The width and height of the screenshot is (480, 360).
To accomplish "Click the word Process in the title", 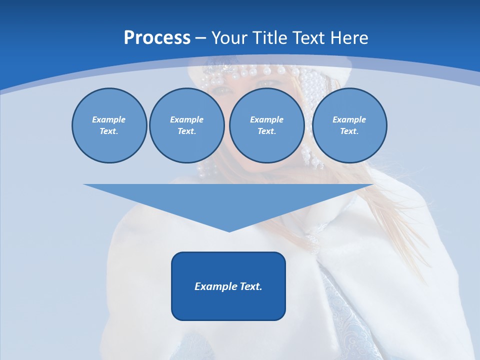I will pyautogui.click(x=157, y=38).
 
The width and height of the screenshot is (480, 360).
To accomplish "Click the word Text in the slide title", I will pyautogui.click(x=307, y=38).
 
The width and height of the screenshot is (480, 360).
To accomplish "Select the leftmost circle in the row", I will pyautogui.click(x=109, y=145).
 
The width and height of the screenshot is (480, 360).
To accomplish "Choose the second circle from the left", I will pyautogui.click(x=187, y=147).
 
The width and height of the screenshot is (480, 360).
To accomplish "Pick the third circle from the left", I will pyautogui.click(x=267, y=147).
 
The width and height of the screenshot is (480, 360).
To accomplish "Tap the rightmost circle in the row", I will pyautogui.click(x=349, y=147).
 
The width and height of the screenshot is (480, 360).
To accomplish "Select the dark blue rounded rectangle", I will pyautogui.click(x=228, y=305).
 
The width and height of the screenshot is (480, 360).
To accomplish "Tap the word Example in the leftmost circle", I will pyautogui.click(x=109, y=119).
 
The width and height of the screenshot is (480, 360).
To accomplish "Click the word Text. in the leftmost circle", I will pyautogui.click(x=109, y=131).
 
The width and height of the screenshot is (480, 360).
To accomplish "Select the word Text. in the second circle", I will pyautogui.click(x=187, y=131).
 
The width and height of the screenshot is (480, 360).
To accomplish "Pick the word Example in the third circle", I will pyautogui.click(x=267, y=119).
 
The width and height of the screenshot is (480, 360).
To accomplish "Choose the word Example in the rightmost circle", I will pyautogui.click(x=349, y=119).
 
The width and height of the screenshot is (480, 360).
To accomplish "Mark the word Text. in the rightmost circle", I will pyautogui.click(x=349, y=131).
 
